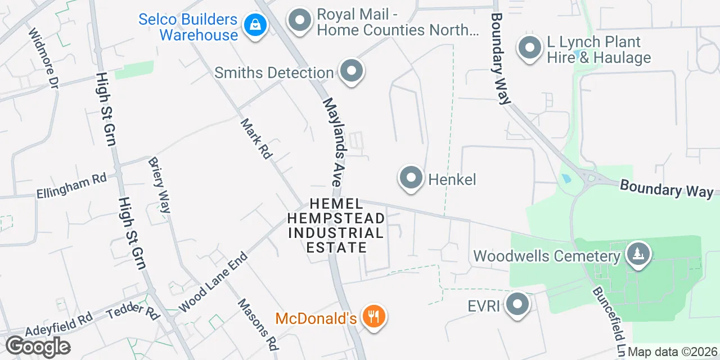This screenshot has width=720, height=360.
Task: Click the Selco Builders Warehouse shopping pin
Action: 255,25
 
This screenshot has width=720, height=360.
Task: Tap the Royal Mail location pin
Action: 300,21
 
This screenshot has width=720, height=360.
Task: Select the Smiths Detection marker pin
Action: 352,71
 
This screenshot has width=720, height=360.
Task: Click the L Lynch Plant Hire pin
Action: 529,48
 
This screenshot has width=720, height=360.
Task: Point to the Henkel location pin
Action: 411,178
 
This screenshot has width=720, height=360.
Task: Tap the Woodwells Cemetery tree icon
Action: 637,254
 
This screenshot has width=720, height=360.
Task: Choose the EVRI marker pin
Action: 517,305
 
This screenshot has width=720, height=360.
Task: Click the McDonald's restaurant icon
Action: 372,317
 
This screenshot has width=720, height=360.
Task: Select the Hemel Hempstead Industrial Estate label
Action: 336,225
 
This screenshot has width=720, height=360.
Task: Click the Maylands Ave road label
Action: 332,142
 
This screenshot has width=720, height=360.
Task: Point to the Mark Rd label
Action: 256,138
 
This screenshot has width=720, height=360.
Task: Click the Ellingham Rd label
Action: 71,186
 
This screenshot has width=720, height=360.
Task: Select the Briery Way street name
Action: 159,185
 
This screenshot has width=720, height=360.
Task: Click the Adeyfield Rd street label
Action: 59,325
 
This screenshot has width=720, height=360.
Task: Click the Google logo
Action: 38,346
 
